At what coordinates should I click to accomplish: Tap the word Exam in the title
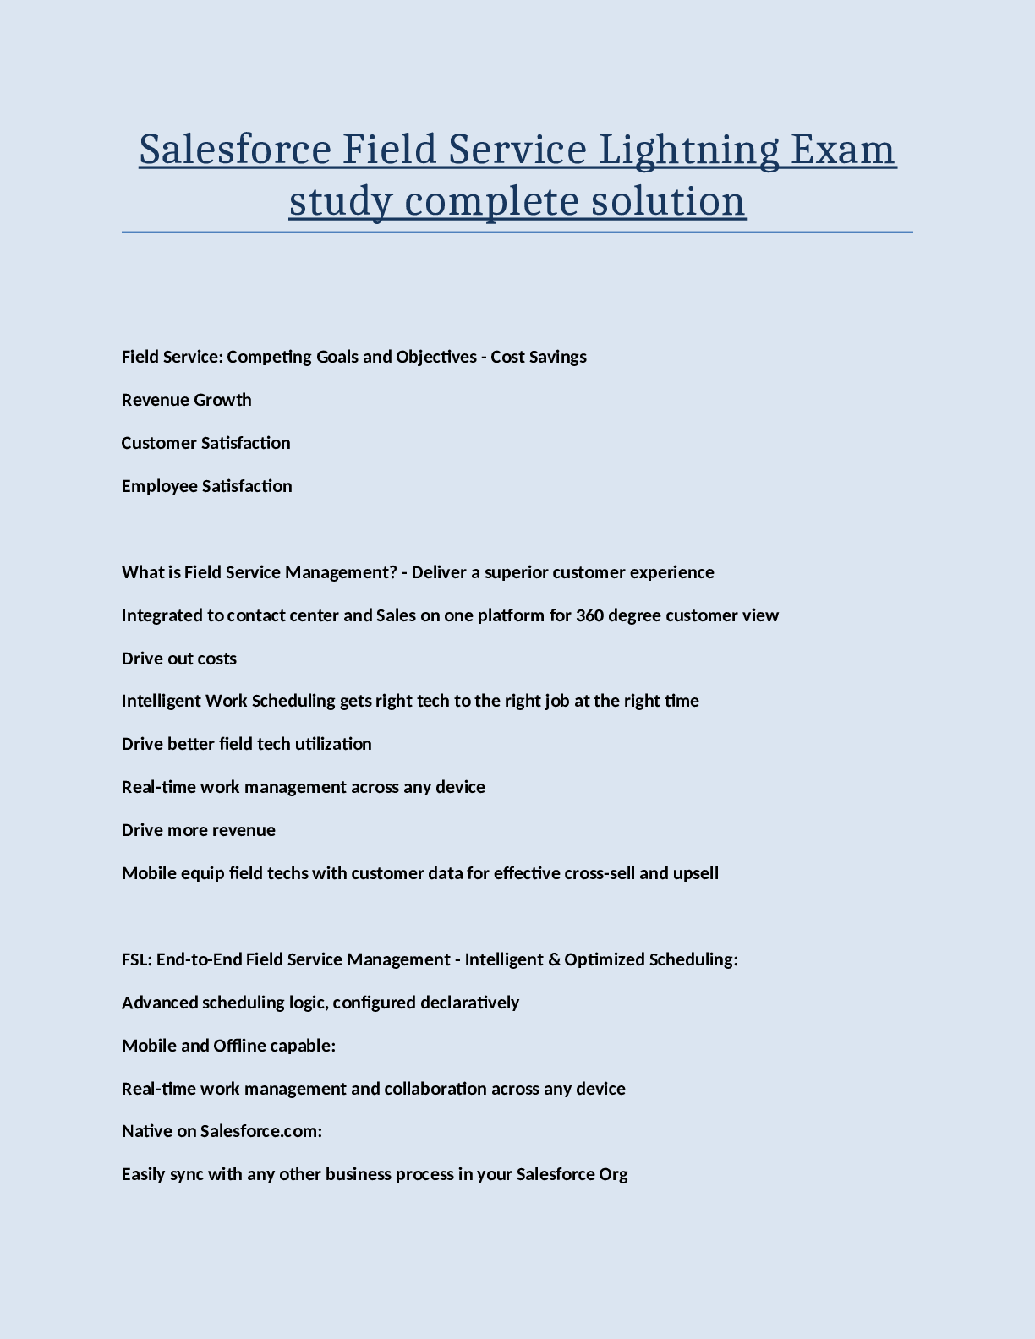click(842, 150)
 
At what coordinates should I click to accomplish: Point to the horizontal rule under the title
click(517, 232)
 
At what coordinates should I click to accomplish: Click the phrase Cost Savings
click(539, 357)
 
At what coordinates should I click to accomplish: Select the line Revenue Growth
click(186, 400)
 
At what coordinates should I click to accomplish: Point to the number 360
click(589, 615)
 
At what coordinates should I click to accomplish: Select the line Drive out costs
click(179, 659)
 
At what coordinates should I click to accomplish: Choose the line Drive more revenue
click(199, 830)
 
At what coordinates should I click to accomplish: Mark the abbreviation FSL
click(136, 959)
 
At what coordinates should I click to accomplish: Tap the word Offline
click(239, 1046)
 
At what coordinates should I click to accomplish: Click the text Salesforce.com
click(260, 1131)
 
